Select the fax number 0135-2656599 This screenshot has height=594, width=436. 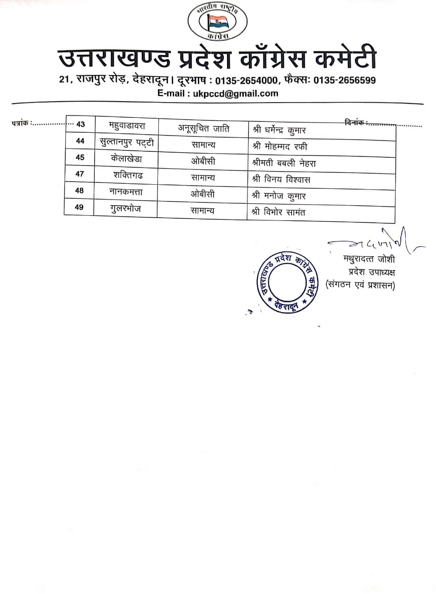pyautogui.click(x=345, y=80)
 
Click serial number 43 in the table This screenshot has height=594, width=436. pyautogui.click(x=81, y=124)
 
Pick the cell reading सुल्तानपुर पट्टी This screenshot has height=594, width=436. pyautogui.click(x=127, y=141)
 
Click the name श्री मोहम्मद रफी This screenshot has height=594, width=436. pyautogui.click(x=280, y=147)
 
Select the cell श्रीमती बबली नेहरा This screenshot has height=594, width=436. pyautogui.click(x=284, y=163)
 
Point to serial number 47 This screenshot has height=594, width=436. pyautogui.click(x=80, y=174)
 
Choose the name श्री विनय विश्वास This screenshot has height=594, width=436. pyautogui.click(x=281, y=179)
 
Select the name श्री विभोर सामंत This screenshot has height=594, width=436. pyautogui.click(x=278, y=212)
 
